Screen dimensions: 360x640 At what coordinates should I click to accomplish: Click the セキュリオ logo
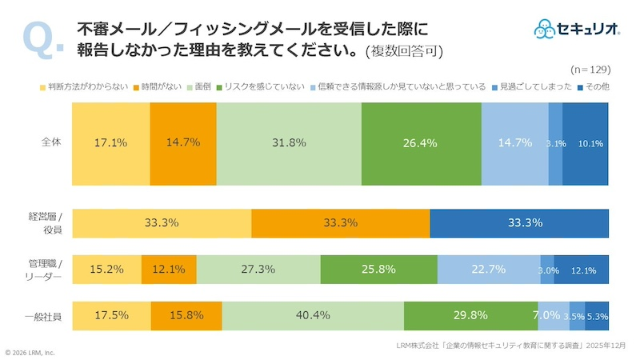[x=577, y=29]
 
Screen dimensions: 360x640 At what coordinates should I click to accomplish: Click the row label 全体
[x=52, y=143]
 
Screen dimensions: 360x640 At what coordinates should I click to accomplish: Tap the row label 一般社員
[x=45, y=315]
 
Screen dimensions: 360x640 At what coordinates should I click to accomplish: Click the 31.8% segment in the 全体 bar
[x=288, y=144]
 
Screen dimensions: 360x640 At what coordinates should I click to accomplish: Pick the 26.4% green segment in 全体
[x=421, y=144]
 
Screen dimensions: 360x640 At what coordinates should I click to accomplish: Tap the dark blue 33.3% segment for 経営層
[x=519, y=222]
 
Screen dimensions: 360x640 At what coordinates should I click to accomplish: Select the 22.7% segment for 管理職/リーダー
[x=488, y=270]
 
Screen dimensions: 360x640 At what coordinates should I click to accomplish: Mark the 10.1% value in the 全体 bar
[x=590, y=144]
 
